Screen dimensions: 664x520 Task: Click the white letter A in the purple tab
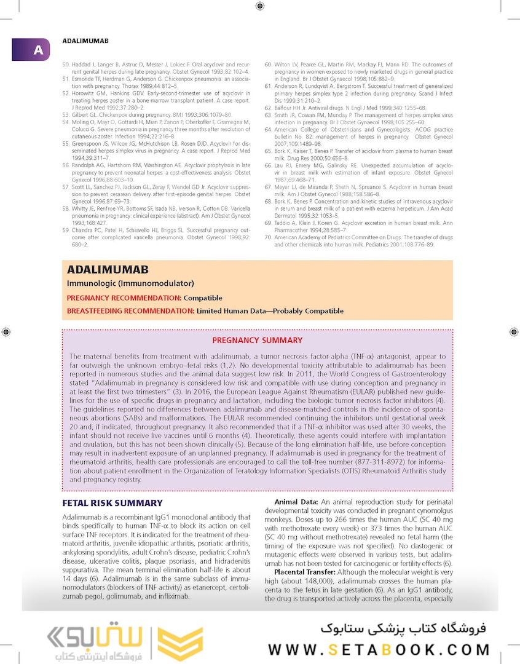pyautogui.click(x=38, y=50)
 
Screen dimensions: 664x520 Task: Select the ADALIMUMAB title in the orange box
pyautogui.click(x=108, y=270)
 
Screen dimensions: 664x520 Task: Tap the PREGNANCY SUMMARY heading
pyautogui.click(x=257, y=340)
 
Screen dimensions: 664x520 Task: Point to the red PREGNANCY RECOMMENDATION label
pyautogui.click(x=124, y=298)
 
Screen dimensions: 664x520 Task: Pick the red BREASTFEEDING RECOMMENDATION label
pyautogui.click(x=130, y=311)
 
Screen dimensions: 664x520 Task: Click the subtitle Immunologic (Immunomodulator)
pyautogui.click(x=130, y=283)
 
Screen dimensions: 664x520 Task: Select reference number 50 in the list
pyautogui.click(x=66, y=64)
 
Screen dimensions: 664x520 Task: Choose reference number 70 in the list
pyautogui.click(x=268, y=237)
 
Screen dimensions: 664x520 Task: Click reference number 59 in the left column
pyautogui.click(x=66, y=230)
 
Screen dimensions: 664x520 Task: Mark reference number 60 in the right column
pyautogui.click(x=268, y=64)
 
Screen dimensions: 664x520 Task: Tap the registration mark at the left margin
pyautogui.click(x=6, y=331)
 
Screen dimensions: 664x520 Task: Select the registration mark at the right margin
pyautogui.click(x=514, y=331)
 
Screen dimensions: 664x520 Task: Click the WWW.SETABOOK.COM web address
pyautogui.click(x=379, y=650)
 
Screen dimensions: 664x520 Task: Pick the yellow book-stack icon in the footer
pyautogui.click(x=181, y=644)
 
